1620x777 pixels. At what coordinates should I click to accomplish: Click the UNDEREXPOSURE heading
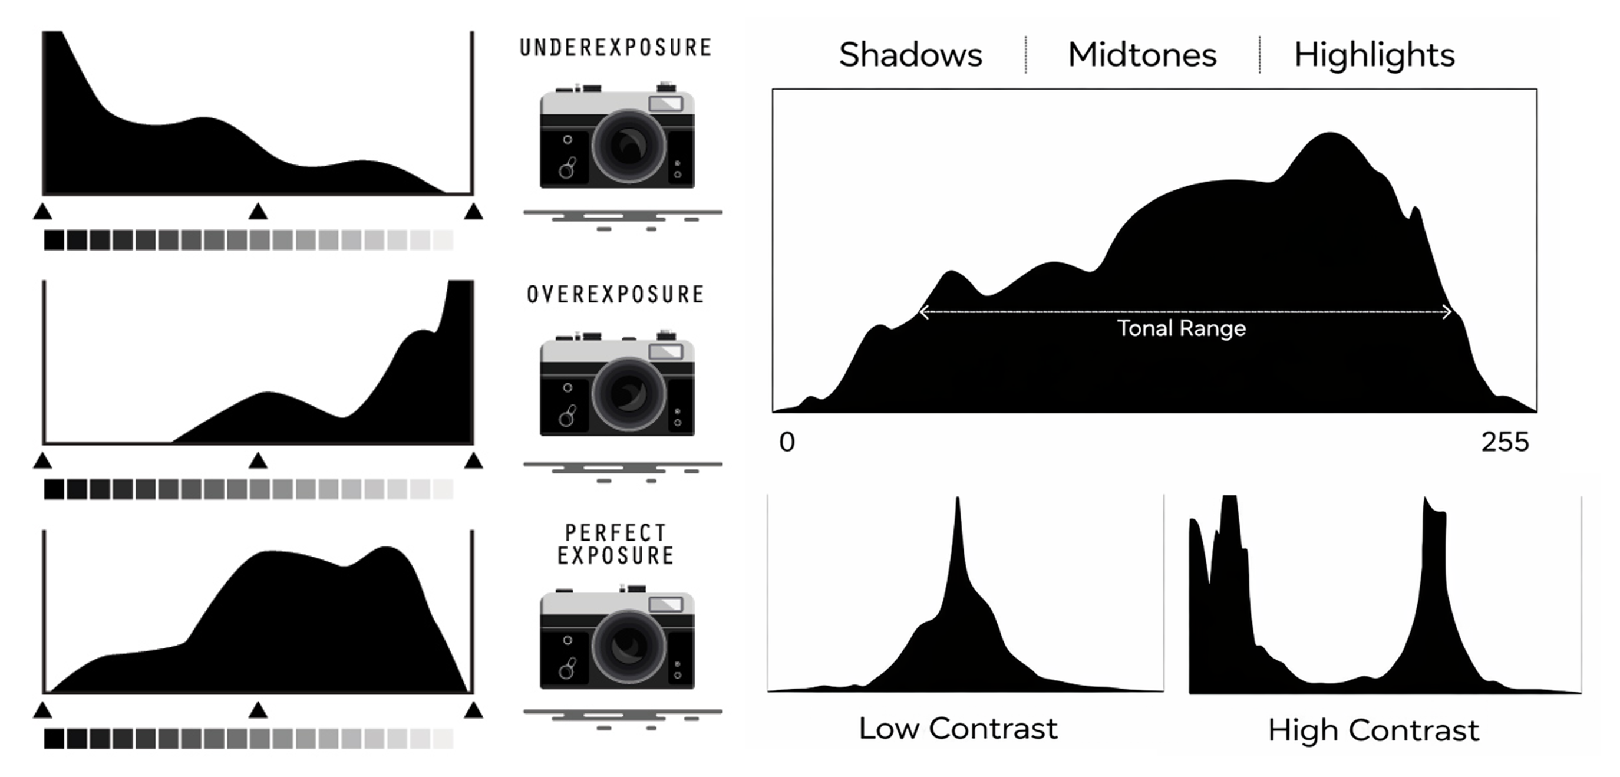(615, 48)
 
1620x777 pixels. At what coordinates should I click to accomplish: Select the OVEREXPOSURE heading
(615, 294)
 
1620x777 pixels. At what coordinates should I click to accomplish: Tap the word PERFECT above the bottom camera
(615, 533)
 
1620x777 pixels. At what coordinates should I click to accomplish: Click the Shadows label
(910, 55)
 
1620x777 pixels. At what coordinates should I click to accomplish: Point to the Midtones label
(1142, 55)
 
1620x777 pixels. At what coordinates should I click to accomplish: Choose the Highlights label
(1374, 55)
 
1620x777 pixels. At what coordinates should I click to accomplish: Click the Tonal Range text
(1181, 328)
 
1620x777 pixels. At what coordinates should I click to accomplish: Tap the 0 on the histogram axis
(787, 442)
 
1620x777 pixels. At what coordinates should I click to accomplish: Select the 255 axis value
(1504, 442)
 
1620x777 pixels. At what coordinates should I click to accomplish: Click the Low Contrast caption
(958, 729)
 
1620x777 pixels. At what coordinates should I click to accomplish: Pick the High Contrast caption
(1374, 730)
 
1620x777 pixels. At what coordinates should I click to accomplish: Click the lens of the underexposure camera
(628, 146)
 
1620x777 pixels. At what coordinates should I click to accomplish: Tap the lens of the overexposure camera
(628, 394)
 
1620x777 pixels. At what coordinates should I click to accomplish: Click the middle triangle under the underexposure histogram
(257, 212)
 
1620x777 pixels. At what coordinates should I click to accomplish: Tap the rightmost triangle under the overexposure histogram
(473, 462)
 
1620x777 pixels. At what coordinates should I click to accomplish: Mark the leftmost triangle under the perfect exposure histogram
(42, 711)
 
